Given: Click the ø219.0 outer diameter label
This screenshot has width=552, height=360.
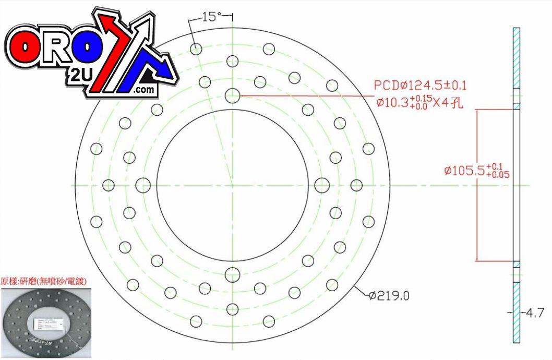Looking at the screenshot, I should [389, 296].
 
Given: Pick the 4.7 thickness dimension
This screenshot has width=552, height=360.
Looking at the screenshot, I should [533, 313].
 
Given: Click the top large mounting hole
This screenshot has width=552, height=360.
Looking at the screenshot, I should [232, 96].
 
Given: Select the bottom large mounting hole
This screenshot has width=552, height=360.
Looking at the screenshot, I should [232, 274].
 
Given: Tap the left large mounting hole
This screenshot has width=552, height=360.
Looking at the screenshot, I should [143, 185].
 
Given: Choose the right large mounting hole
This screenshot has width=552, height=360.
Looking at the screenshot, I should [322, 185].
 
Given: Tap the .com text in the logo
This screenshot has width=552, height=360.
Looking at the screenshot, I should [144, 90].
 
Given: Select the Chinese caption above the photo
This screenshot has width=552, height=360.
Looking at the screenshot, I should [44, 281].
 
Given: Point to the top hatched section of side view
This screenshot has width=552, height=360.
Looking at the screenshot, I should [516, 57].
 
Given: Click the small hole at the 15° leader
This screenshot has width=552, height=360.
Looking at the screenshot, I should [196, 49].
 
